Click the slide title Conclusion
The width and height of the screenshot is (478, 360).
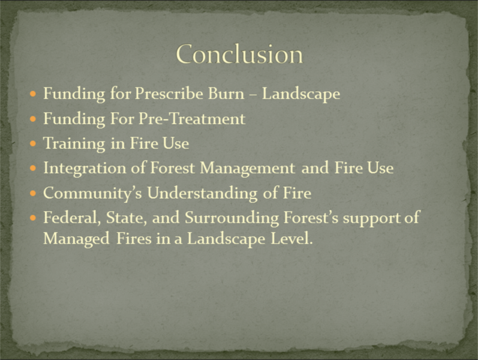click(x=239, y=54)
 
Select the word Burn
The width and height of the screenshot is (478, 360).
click(x=226, y=93)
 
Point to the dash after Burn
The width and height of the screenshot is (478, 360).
click(x=253, y=95)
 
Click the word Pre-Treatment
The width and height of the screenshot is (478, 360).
click(x=192, y=118)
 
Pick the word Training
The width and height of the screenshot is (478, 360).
click(x=74, y=143)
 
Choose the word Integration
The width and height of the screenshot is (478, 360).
click(x=85, y=169)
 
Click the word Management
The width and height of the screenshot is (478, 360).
click(x=247, y=169)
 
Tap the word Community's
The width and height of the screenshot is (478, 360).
click(x=93, y=193)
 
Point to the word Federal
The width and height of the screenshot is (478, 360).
click(x=72, y=218)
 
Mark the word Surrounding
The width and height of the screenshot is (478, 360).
click(x=232, y=218)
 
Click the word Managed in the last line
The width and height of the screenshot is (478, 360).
click(x=76, y=239)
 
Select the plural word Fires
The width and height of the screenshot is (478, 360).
click(x=134, y=238)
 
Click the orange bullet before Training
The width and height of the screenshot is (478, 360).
click(x=33, y=143)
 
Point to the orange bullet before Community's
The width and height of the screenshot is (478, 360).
click(x=33, y=193)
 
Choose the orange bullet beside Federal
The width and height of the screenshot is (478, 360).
click(x=33, y=218)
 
